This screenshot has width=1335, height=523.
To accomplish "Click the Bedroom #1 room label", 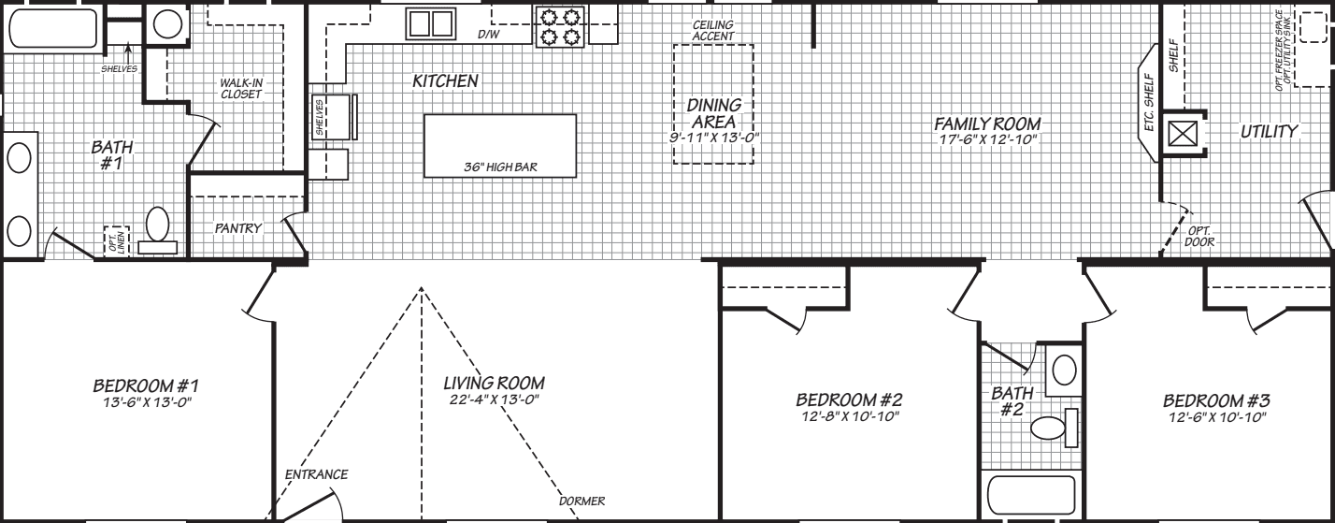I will click(144, 385).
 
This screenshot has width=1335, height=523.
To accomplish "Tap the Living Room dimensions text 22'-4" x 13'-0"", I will click(494, 400).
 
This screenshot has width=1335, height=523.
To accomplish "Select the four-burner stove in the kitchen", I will click(559, 25).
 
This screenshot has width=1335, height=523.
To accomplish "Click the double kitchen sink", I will click(429, 23).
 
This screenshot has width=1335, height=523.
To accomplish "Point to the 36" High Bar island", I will click(499, 145).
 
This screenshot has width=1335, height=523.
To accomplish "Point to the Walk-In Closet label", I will click(240, 89).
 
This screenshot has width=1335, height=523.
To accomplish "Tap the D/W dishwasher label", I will click(488, 35).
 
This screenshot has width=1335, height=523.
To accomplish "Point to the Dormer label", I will click(582, 501).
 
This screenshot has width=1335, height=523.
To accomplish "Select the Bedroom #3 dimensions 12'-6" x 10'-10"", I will click(1215, 416).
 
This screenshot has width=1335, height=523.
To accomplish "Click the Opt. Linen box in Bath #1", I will click(115, 241).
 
